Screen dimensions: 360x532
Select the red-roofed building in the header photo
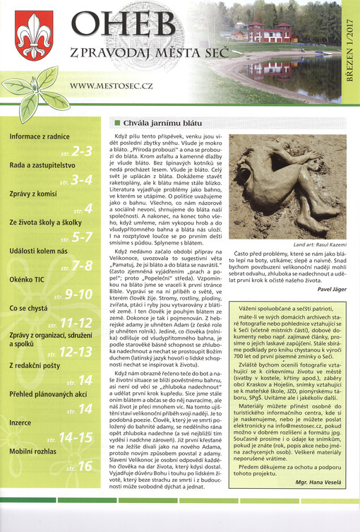coord(268,32)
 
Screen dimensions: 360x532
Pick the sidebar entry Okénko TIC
coord(27,278)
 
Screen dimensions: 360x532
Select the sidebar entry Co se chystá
coord(28,309)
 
